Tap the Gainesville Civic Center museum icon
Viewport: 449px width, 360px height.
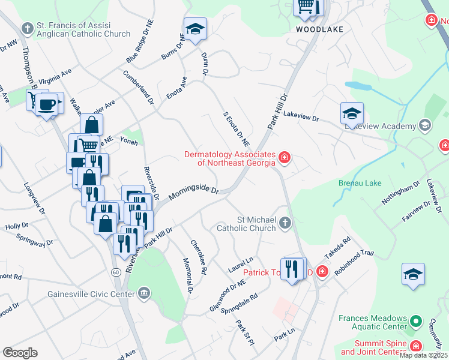[143, 293]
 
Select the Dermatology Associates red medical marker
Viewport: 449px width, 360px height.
[285, 158]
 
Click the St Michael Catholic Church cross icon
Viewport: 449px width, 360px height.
[285, 224]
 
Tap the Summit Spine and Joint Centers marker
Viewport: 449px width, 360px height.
[415, 346]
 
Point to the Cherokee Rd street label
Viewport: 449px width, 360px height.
[198, 257]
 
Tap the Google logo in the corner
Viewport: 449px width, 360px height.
[20, 353]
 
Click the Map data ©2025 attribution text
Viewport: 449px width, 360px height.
[423, 355]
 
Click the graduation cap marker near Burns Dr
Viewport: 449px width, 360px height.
[195, 29]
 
